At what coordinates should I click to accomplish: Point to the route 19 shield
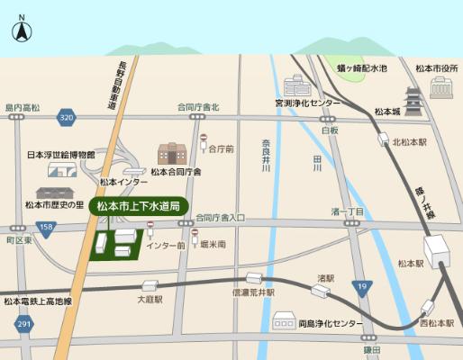click(x=361, y=287)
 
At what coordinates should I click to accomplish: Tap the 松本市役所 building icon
click(x=441, y=87)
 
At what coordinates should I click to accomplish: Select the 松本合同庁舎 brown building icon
click(x=171, y=154)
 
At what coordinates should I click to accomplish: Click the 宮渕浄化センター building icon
click(x=295, y=86)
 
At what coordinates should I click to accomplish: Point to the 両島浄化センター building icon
click(x=285, y=319)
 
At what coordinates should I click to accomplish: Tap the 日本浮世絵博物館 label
click(x=60, y=154)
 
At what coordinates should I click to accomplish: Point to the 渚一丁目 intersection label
click(x=347, y=211)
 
